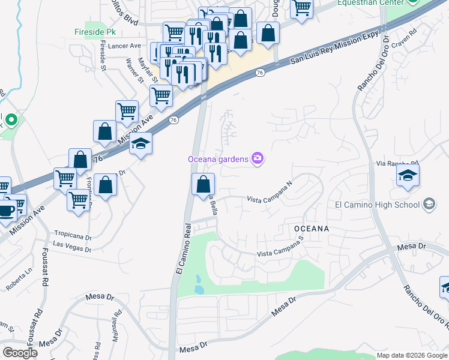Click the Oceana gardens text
pos(218,159)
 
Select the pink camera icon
pos(258,158)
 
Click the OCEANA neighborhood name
pos(312,229)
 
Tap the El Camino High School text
pos(377,205)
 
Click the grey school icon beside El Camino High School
pos(429,204)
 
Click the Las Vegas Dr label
pos(71,244)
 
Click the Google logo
pos(20,353)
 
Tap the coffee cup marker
pos(7,211)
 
